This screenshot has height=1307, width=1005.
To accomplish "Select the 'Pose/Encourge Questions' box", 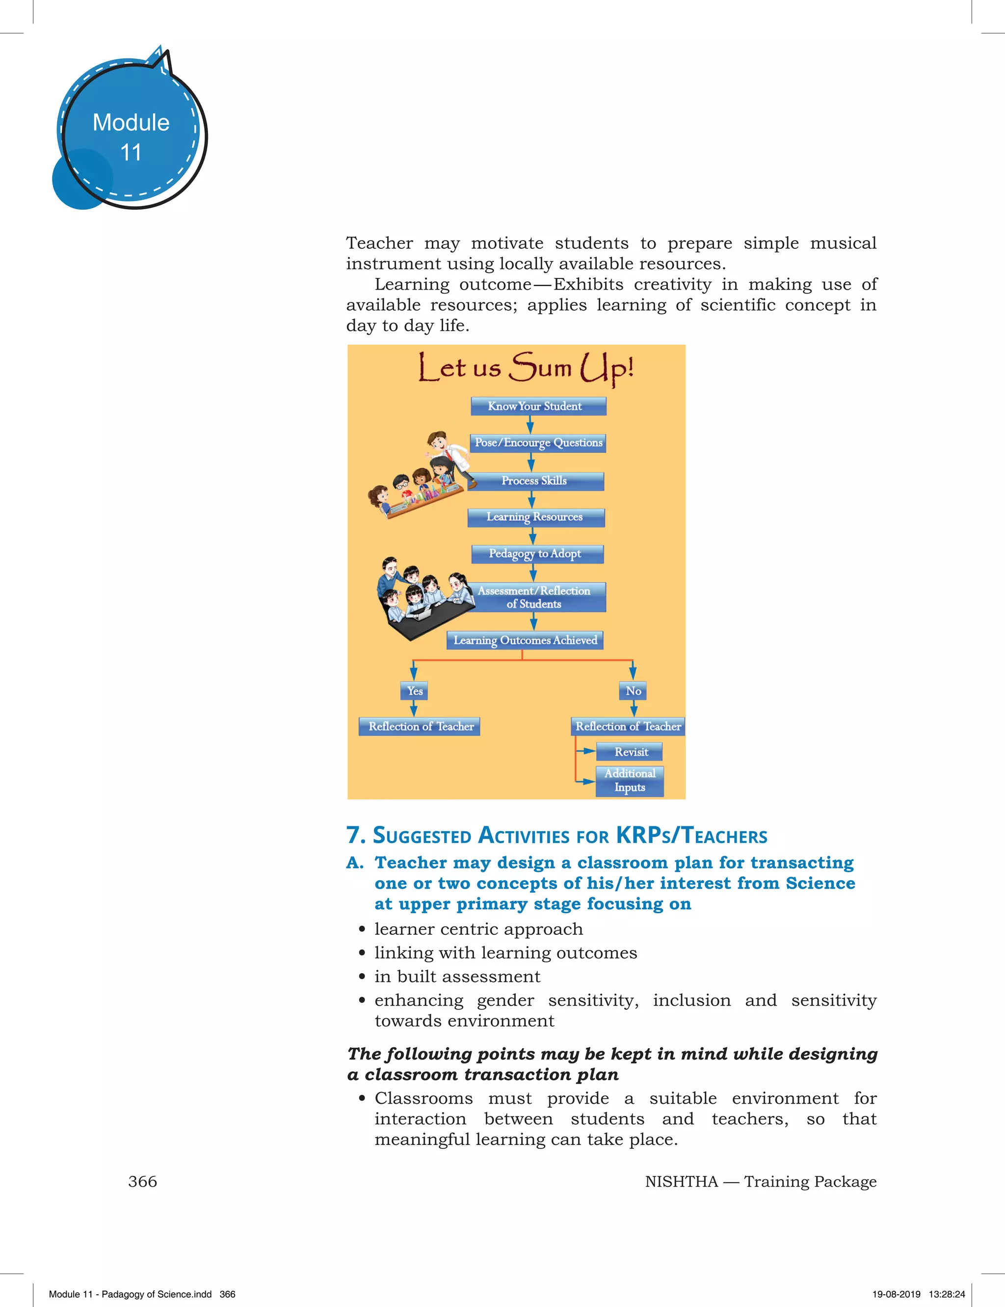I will [x=538, y=443].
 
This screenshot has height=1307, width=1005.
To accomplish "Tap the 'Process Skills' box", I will [x=535, y=481].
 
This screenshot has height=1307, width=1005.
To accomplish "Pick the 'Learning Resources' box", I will [x=535, y=517].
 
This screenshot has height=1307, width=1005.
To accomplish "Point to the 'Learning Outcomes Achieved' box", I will [x=525, y=640].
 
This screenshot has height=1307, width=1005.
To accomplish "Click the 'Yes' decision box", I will [x=415, y=691].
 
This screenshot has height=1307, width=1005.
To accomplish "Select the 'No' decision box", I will [x=633, y=691].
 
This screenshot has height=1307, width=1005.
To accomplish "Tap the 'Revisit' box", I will [x=630, y=752].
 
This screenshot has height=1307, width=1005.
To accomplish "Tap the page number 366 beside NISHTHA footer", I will [x=142, y=1182].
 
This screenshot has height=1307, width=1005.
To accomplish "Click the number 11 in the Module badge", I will [x=131, y=153].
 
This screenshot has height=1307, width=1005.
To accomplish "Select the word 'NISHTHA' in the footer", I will [x=681, y=1182].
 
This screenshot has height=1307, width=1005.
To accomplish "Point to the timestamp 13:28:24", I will [x=947, y=1294].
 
